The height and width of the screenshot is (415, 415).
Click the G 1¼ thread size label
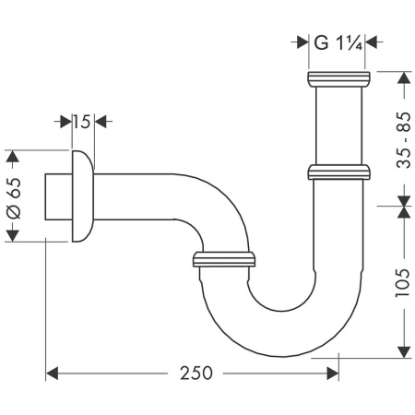tap(338, 41)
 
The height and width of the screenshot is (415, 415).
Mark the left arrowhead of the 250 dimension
tap(52, 373)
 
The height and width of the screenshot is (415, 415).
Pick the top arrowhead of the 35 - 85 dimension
tap(402, 77)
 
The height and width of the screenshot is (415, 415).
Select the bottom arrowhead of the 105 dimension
tap(402, 351)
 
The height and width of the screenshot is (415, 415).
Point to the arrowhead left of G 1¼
tap(302, 41)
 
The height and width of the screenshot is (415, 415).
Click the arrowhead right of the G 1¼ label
tap(373, 41)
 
